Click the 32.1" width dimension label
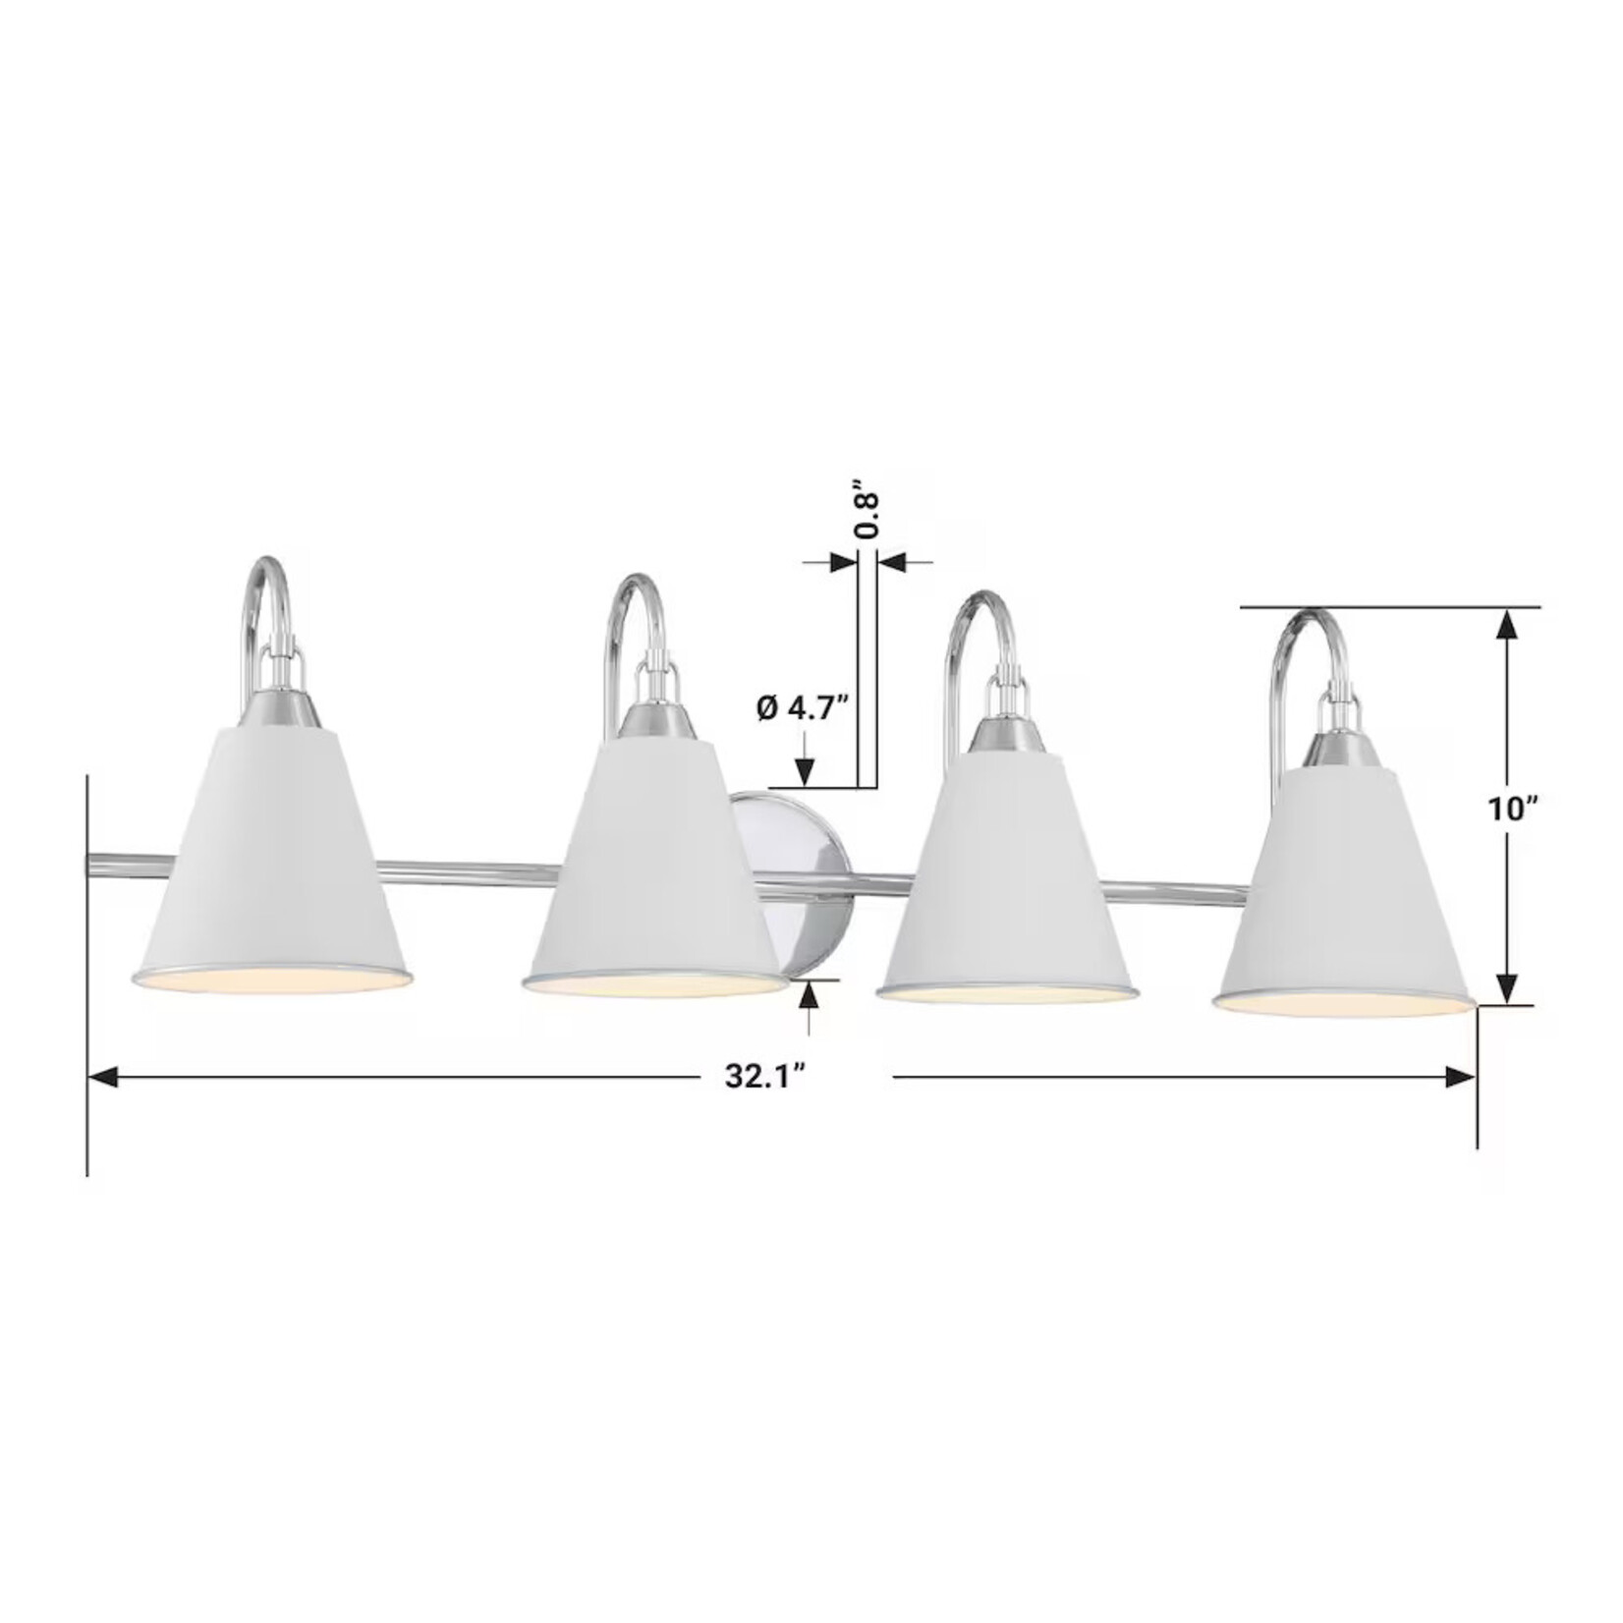(765, 1077)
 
